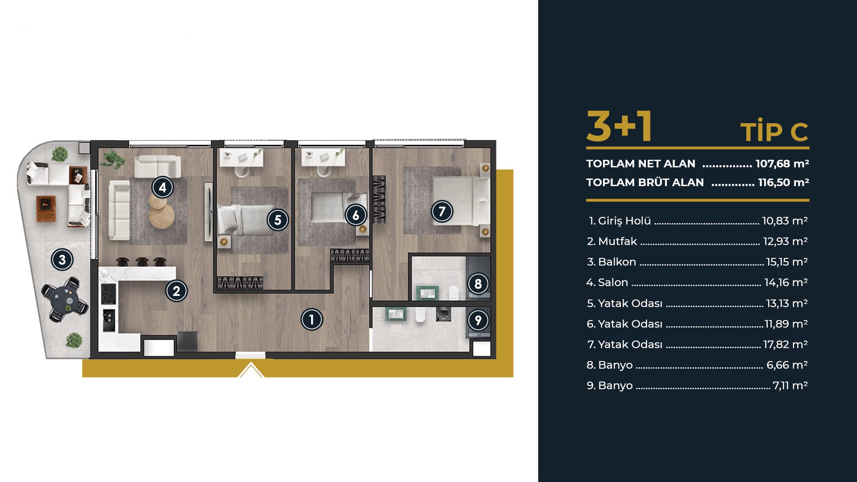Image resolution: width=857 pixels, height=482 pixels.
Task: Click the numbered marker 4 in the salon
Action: coord(162,187)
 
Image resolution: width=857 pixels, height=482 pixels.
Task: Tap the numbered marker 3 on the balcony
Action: coord(62,259)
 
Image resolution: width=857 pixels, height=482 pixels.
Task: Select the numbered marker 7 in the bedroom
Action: coord(442,211)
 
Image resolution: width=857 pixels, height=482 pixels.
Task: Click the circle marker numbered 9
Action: coord(478,320)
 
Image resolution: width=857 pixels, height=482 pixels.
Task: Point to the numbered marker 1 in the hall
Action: coord(312,319)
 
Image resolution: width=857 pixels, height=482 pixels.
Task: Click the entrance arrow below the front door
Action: coord(251,370)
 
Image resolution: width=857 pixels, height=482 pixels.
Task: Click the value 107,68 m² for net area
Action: coord(782,164)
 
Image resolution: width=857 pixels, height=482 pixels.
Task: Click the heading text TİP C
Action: coord(774,132)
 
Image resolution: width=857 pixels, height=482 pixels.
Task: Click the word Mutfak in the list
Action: coord(617,241)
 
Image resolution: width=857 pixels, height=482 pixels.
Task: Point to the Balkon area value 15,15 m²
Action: coord(787,262)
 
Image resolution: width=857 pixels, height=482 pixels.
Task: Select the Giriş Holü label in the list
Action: coord(624,221)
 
